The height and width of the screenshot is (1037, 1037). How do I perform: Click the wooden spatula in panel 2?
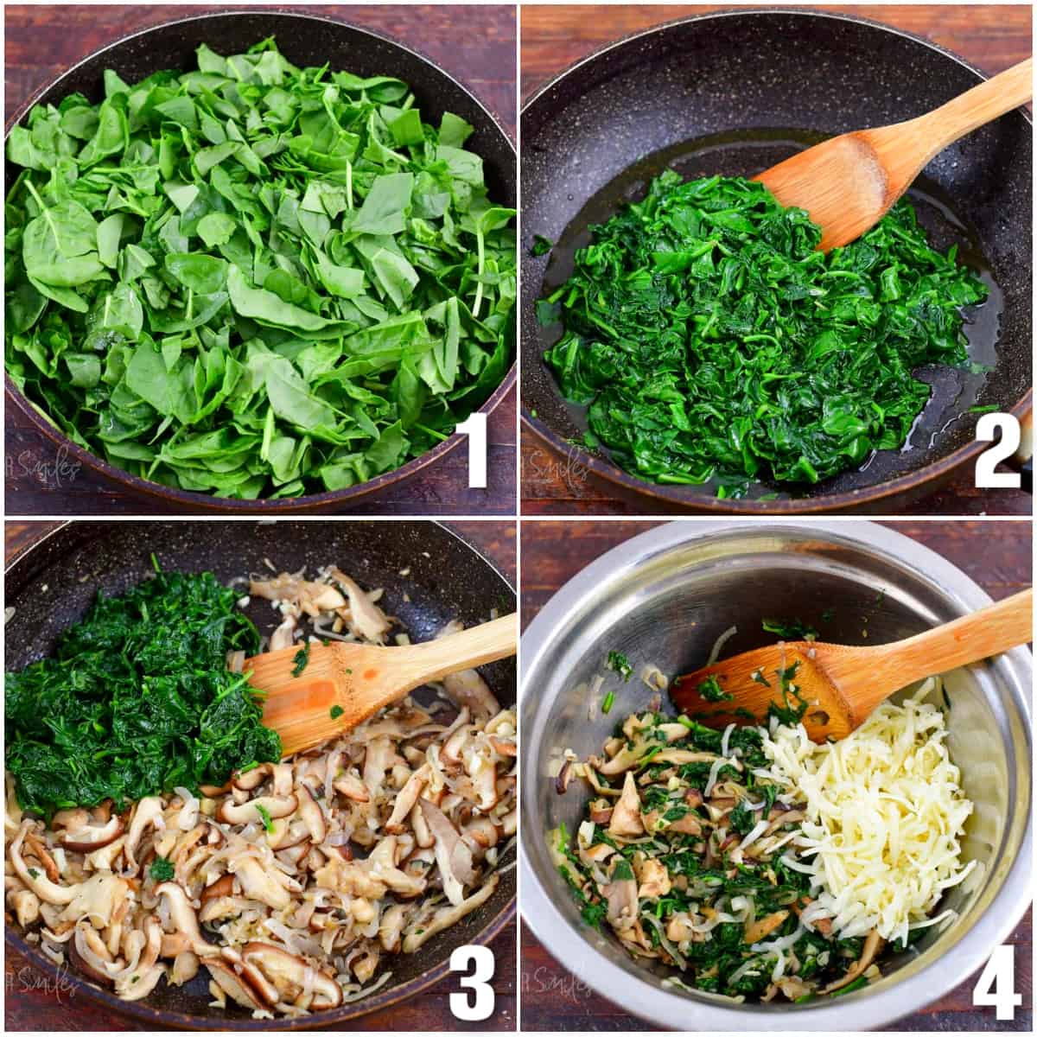(873, 164)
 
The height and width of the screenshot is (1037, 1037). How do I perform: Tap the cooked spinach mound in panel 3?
(130, 691)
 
